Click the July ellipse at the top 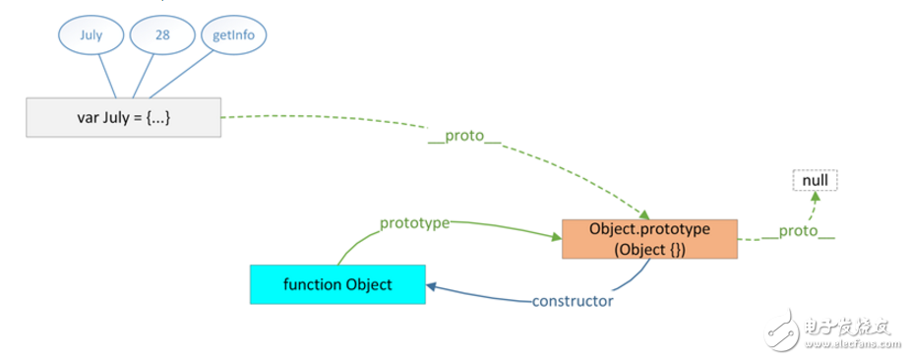tap(91, 35)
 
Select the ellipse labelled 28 tap(163, 35)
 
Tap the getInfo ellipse tap(233, 35)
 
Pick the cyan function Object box tap(337, 284)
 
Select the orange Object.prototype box tap(649, 238)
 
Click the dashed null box tap(816, 182)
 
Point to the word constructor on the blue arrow tap(572, 301)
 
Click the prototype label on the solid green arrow tap(414, 223)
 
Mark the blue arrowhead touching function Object tap(432, 285)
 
